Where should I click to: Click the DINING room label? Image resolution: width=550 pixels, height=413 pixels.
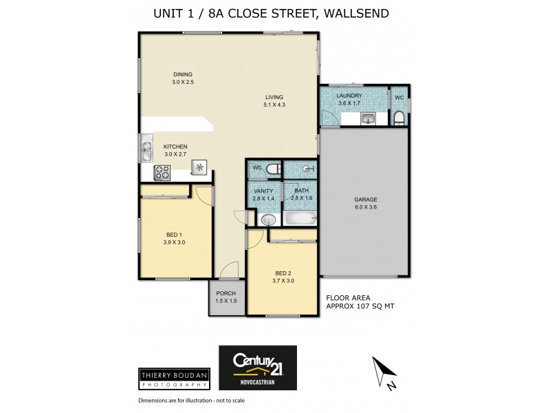click(182, 75)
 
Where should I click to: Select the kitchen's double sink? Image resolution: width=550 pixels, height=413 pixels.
click(146, 147)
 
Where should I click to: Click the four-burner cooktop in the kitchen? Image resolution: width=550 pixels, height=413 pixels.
click(163, 173)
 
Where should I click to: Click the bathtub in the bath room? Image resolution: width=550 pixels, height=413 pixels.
click(298, 220)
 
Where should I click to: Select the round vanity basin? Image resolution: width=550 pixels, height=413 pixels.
click(268, 220)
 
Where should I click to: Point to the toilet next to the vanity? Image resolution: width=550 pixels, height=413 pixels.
click(273, 169)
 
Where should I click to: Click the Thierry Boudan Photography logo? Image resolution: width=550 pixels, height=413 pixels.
click(173, 377)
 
